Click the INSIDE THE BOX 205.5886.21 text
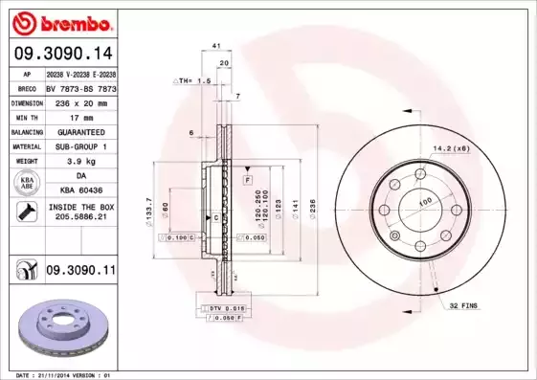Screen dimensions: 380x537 click(x=79, y=212)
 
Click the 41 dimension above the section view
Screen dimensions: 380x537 click(x=216, y=45)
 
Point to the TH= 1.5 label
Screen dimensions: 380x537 click(x=195, y=81)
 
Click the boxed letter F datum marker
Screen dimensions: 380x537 click(x=247, y=180)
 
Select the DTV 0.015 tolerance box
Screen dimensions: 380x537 click(x=222, y=307)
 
